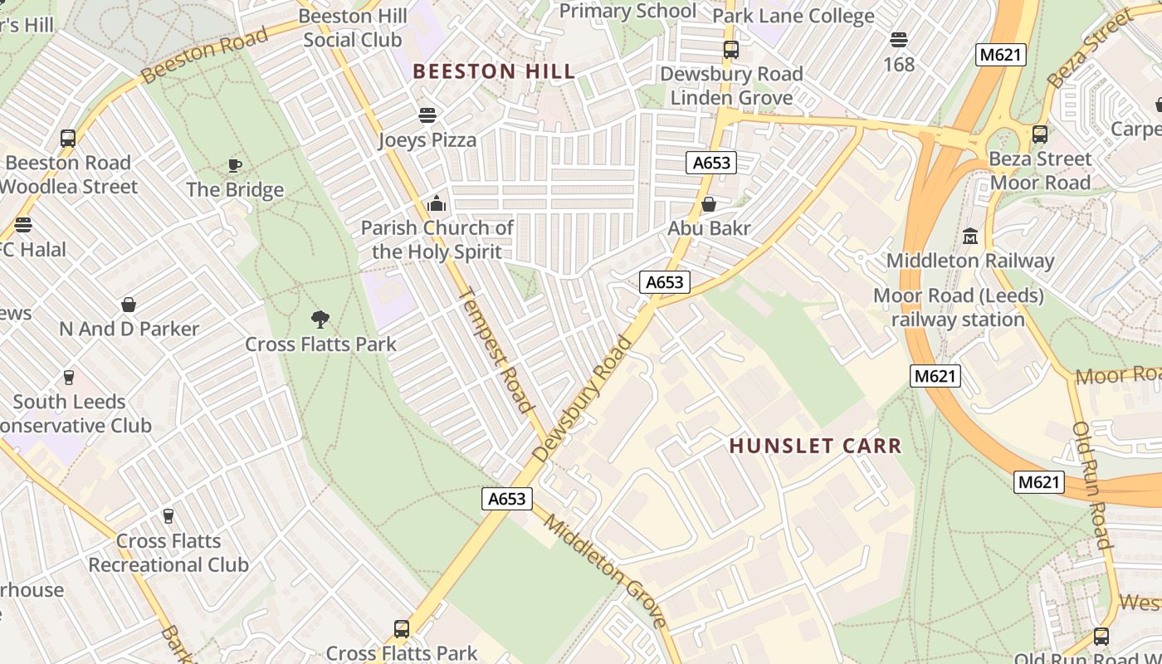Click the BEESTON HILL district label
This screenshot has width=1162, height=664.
494,71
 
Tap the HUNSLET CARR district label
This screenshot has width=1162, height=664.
815,446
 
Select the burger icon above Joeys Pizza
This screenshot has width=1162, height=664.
427,115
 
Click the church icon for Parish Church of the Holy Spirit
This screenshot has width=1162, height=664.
436,203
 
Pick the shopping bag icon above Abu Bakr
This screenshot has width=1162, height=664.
709,204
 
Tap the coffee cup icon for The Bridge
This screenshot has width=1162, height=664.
235,165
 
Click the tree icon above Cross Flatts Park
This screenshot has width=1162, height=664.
320,320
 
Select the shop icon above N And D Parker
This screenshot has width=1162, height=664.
129,305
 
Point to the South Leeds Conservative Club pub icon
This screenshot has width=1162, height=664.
69,378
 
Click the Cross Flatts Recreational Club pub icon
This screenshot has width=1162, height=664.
168,516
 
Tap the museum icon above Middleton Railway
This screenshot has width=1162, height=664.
969,237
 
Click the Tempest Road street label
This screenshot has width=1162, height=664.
495,349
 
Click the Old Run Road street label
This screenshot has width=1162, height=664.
1091,486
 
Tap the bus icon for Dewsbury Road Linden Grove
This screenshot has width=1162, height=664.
730,50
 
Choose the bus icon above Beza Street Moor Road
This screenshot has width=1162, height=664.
1039,134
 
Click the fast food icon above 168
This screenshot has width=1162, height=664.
898,40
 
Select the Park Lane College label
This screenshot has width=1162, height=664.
793,16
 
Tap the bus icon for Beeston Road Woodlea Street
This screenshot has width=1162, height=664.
68,139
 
